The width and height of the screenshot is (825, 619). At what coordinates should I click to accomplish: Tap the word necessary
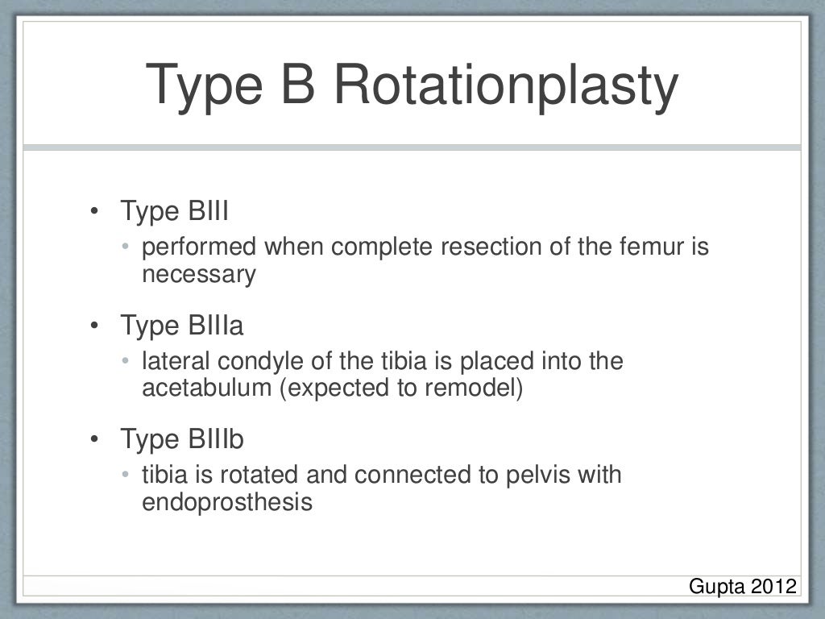198,275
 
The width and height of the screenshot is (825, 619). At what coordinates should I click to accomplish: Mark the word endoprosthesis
226,503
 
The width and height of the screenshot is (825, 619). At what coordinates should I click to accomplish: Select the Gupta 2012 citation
742,586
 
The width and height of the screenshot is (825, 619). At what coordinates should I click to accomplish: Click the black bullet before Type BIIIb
94,441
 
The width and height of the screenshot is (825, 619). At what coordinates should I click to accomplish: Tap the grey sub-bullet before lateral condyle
126,361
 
